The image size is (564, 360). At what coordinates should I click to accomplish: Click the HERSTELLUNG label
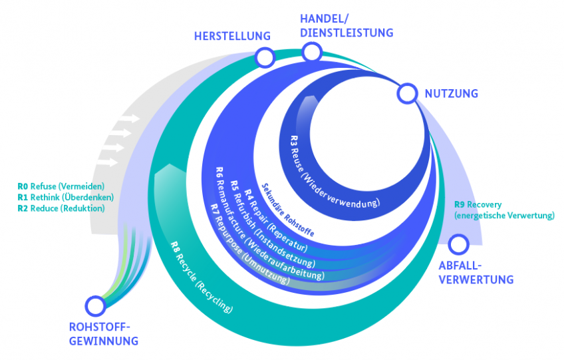[x=232, y=36]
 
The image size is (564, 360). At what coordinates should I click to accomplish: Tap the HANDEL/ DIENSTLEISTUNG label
[x=347, y=25]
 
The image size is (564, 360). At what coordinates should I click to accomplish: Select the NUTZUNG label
[x=452, y=94]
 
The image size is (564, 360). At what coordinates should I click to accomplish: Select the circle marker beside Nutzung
[x=406, y=94]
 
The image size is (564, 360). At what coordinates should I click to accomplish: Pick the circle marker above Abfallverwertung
[x=459, y=244]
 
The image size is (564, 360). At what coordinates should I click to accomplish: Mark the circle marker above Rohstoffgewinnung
[x=96, y=306]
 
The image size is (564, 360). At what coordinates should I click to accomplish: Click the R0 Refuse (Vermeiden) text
[x=61, y=186]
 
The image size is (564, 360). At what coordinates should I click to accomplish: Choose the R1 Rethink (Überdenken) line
[x=66, y=197]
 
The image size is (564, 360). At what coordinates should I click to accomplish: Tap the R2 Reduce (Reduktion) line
[x=61, y=208]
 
